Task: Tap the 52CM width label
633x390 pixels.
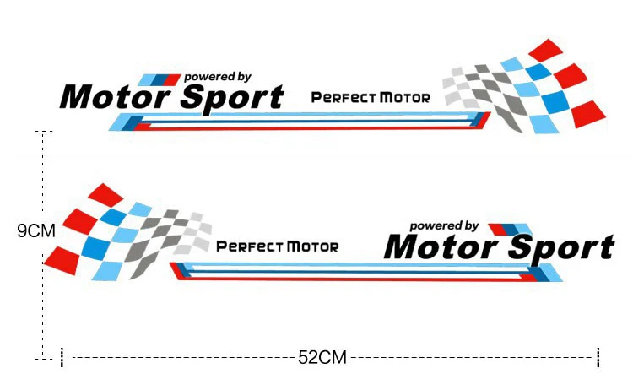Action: click(x=322, y=358)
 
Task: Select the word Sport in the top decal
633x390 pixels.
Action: click(x=232, y=98)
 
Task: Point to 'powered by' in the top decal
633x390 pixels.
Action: click(x=217, y=77)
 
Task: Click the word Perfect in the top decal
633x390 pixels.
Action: click(x=343, y=98)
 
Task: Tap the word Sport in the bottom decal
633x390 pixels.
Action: click(x=563, y=248)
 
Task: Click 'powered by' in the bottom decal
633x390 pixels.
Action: click(x=444, y=226)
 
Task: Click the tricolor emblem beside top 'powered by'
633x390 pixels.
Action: click(x=160, y=79)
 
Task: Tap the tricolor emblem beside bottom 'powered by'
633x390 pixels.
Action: click(x=511, y=229)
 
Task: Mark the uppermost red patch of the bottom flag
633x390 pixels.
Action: click(x=105, y=196)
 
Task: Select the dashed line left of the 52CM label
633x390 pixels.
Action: click(x=181, y=358)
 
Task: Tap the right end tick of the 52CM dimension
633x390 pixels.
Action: click(x=598, y=357)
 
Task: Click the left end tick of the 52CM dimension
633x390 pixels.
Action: click(x=62, y=357)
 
